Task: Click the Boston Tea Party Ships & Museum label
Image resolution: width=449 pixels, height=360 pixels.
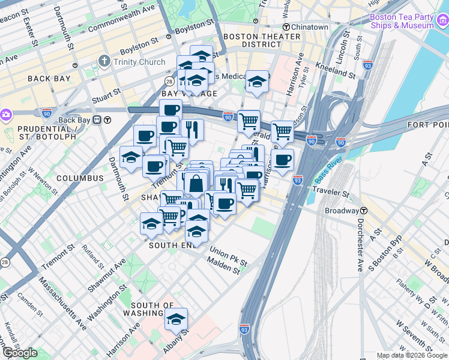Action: point(402,21)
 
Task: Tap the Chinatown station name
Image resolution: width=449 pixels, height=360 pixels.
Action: point(310,27)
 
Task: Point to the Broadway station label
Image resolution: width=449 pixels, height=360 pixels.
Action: point(341,211)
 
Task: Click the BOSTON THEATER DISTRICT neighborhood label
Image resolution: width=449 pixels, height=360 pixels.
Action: point(261,40)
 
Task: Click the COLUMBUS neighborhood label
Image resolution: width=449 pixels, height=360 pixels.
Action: point(80,178)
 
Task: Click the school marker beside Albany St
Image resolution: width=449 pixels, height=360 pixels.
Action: point(176,319)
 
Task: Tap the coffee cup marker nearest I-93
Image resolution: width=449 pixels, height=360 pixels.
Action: point(282,160)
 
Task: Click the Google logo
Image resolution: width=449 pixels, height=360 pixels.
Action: point(20,353)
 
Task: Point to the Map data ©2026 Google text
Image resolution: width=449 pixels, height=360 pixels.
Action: point(412,355)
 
